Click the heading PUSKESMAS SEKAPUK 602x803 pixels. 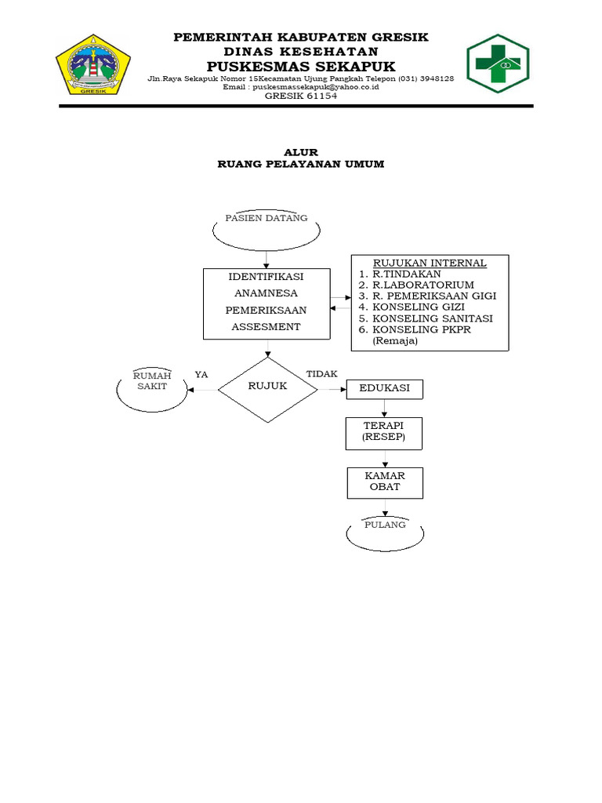point(301,66)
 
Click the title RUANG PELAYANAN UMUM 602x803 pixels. point(301,165)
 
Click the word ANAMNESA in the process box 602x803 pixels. point(267,293)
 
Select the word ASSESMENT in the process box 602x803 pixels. point(267,326)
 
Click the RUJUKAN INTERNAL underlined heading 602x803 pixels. point(430,263)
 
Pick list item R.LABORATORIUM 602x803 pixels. point(423,285)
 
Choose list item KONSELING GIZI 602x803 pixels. point(419,307)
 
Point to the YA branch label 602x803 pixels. point(201,375)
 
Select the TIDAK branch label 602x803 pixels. point(321,374)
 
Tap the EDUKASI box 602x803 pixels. point(384,389)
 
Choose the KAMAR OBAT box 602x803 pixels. point(384,482)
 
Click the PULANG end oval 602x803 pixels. point(385,533)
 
